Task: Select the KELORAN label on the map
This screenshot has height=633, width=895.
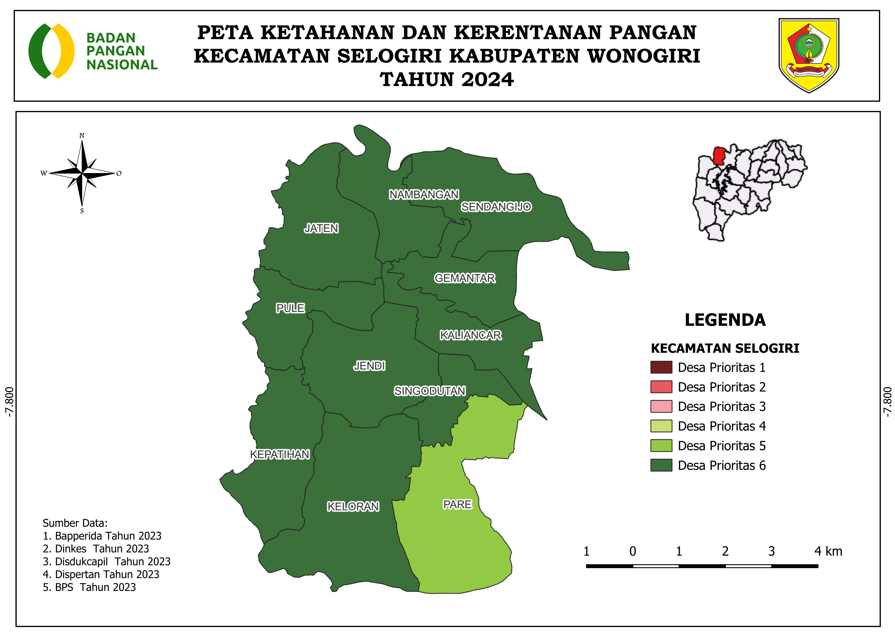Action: pos(353,506)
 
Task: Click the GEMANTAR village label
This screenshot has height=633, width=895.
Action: pos(465,278)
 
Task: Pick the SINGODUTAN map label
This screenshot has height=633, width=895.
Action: pos(430,391)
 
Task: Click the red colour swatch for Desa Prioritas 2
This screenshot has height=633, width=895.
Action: pos(661,387)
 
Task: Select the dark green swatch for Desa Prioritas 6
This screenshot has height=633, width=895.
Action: pos(661,465)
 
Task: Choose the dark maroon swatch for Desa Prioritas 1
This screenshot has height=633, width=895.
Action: pos(661,367)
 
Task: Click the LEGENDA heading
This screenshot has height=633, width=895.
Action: pos(725,320)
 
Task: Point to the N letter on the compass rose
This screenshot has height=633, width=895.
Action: pos(82,136)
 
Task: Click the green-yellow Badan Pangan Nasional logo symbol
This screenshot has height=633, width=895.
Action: pos(52,51)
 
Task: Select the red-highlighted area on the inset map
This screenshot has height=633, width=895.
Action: pos(718,155)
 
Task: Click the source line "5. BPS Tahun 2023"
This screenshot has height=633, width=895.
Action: pos(89,587)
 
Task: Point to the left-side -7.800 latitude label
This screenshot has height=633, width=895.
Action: pos(9,402)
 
